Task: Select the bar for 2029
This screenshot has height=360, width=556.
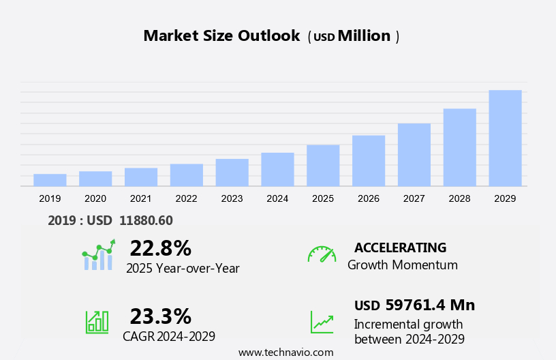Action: pyautogui.click(x=505, y=138)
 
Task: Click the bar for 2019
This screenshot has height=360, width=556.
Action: pyautogui.click(x=50, y=180)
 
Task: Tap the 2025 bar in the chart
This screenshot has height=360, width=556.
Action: pyautogui.click(x=323, y=165)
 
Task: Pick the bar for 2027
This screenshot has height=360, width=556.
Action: pyautogui.click(x=414, y=155)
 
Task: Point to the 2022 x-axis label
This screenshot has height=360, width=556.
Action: pyautogui.click(x=186, y=198)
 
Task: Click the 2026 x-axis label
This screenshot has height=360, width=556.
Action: pyautogui.click(x=369, y=198)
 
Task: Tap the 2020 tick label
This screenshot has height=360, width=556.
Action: pyautogui.click(x=95, y=198)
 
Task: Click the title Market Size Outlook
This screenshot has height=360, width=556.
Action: pyautogui.click(x=221, y=36)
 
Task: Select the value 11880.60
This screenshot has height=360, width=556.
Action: pyautogui.click(x=146, y=220)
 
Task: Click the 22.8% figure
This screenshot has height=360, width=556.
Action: pyautogui.click(x=160, y=247)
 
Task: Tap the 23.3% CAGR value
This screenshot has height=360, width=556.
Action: pyautogui.click(x=160, y=316)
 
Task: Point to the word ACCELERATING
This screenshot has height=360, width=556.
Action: pyautogui.click(x=400, y=247)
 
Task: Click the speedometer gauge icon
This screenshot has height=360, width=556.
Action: pyautogui.click(x=322, y=254)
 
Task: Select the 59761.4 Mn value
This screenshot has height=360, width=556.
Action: pyautogui.click(x=429, y=305)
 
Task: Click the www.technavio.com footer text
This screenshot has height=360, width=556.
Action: pyautogui.click(x=285, y=352)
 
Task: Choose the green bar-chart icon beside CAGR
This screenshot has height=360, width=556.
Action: pyautogui.click(x=97, y=321)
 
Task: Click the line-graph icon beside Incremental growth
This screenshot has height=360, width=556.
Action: pyautogui.click(x=322, y=322)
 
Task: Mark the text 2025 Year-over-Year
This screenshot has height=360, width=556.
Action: pyautogui.click(x=183, y=268)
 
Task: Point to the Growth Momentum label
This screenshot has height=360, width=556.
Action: pyautogui.click(x=402, y=265)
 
